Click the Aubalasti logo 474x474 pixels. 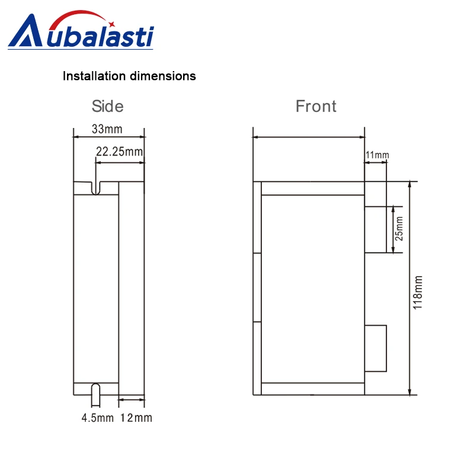(x=81, y=30)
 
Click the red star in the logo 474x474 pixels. (x=111, y=24)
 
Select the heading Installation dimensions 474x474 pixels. (x=129, y=76)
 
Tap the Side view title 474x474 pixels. (x=108, y=106)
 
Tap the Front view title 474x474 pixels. (x=316, y=106)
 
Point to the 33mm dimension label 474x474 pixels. (x=107, y=129)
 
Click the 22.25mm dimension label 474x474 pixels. (x=120, y=152)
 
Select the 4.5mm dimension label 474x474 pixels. (x=98, y=418)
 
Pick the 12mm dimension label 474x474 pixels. (x=136, y=418)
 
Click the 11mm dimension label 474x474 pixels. (x=377, y=155)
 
